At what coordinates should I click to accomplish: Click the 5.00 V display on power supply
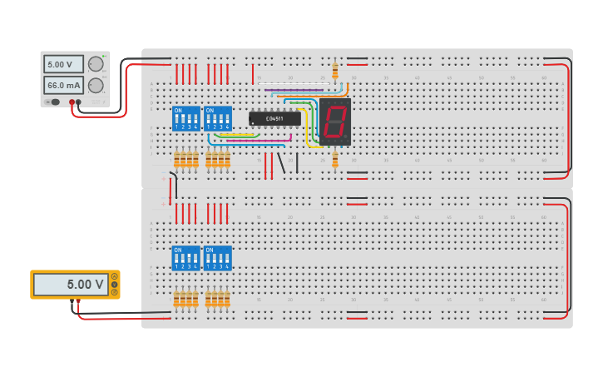tap(63, 64)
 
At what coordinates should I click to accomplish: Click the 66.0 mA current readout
tap(63, 85)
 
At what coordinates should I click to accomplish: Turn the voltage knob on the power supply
tap(96, 64)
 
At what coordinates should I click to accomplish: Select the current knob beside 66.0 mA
tap(96, 85)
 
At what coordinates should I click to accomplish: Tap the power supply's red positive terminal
tap(72, 102)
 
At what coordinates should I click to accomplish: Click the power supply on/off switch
tap(54, 102)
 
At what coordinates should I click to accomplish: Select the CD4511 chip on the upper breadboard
tap(274, 118)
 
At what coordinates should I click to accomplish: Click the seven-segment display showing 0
tap(334, 122)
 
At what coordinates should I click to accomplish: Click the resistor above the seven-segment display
tap(335, 71)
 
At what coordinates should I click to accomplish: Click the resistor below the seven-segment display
tap(335, 159)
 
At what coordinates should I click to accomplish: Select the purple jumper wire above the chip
tap(295, 89)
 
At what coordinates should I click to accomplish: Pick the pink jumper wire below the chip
tap(258, 141)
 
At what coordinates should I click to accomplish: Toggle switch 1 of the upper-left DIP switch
tap(177, 122)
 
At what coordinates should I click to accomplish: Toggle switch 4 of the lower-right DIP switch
tap(227, 261)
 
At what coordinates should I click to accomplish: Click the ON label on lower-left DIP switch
tap(177, 250)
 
